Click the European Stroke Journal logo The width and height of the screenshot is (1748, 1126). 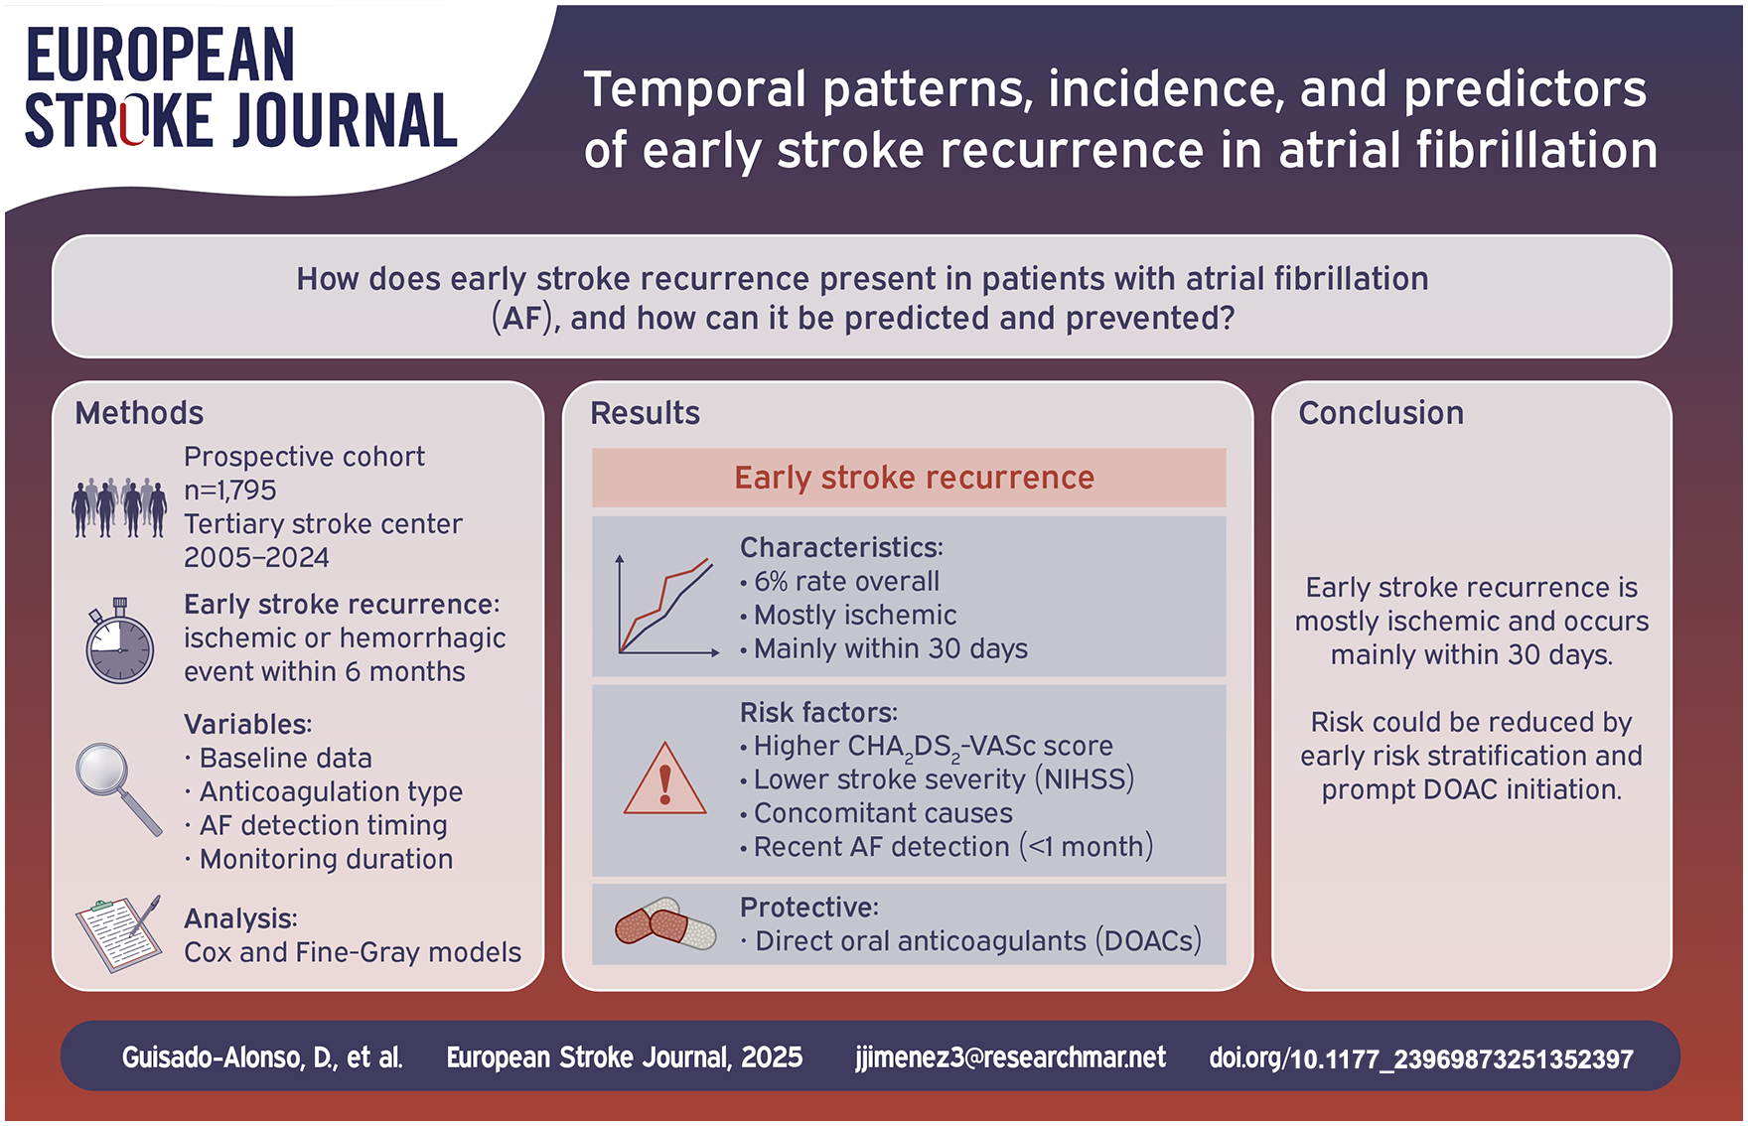pyautogui.click(x=240, y=87)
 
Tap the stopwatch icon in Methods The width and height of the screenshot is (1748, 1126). pyautogui.click(x=119, y=641)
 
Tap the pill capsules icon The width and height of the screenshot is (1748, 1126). pyautogui.click(x=665, y=924)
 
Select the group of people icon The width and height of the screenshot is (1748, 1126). pyautogui.click(x=119, y=507)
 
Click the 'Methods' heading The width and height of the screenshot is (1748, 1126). pyautogui.click(x=139, y=413)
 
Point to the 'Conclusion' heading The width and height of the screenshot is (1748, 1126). pyautogui.click(x=1381, y=413)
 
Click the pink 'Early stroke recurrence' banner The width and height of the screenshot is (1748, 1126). pyautogui.click(x=909, y=478)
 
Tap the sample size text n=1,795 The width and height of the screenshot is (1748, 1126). pyautogui.click(x=230, y=491)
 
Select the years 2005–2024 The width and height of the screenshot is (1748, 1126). pyautogui.click(x=256, y=558)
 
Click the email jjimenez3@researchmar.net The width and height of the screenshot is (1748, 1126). pyautogui.click(x=1010, y=1057)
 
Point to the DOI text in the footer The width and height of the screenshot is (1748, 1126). pyautogui.click(x=1420, y=1058)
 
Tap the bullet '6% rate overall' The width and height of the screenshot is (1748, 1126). pyautogui.click(x=839, y=582)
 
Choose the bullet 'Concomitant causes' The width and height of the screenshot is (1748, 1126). pyautogui.click(x=876, y=813)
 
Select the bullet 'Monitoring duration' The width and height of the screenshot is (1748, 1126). pyautogui.click(x=319, y=859)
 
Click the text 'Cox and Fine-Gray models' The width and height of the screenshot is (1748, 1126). pyautogui.click(x=353, y=952)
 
